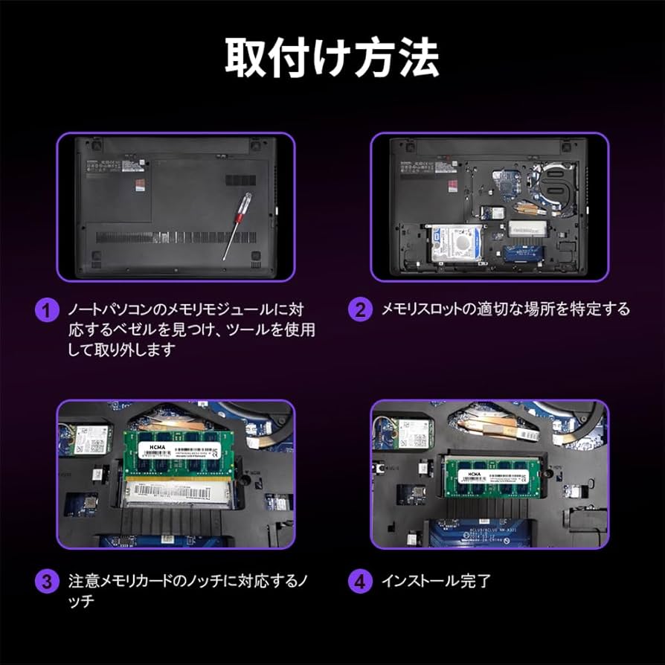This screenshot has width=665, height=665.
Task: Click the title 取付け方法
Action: pos(332,56)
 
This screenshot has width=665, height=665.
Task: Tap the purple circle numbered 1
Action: pos(46,310)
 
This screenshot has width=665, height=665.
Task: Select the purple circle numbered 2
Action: pos(360,310)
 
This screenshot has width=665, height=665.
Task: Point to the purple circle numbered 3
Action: pos(46,581)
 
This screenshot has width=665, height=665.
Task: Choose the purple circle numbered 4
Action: pos(360,581)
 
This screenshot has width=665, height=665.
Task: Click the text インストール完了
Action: pos(436,581)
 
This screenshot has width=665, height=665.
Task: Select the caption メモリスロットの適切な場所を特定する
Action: pos(505,309)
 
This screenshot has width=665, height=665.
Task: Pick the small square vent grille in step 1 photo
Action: pos(240,180)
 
